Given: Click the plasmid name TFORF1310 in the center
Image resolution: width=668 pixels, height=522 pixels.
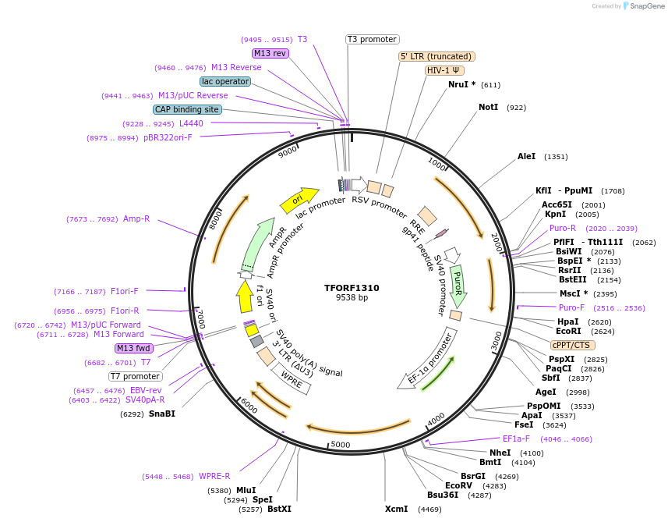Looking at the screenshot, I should (352, 287).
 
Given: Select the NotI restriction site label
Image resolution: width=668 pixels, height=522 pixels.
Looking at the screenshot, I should (488, 107).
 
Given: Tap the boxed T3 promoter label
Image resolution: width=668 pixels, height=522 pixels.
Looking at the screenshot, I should (372, 39).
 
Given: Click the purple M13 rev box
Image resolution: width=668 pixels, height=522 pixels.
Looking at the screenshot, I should (270, 53).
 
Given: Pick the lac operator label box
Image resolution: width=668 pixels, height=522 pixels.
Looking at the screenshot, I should (224, 81).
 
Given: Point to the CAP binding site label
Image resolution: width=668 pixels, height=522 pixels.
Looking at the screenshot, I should (187, 109).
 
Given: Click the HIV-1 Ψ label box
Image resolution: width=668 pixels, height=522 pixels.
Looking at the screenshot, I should (444, 70).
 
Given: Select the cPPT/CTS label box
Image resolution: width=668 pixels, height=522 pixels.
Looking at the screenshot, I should (572, 345).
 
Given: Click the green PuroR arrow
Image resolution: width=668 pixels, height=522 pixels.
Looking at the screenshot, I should (458, 285).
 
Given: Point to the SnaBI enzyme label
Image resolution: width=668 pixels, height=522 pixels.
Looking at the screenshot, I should (162, 414).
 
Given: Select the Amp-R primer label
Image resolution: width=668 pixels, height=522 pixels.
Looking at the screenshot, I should (136, 219).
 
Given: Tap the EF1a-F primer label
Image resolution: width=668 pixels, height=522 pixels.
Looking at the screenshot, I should (515, 439).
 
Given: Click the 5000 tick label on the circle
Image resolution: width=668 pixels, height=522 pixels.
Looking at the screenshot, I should (341, 445).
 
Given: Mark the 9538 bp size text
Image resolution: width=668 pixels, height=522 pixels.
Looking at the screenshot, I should (352, 297).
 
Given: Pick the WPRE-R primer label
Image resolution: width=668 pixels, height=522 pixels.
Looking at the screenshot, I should (214, 476).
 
